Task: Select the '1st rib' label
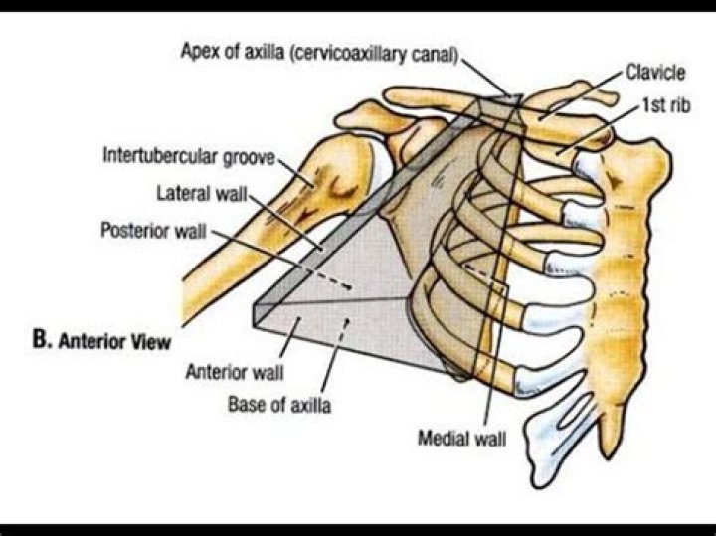tap(665, 103)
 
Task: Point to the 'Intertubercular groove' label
tap(186, 156)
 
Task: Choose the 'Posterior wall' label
tap(154, 230)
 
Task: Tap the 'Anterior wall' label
tap(235, 374)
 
